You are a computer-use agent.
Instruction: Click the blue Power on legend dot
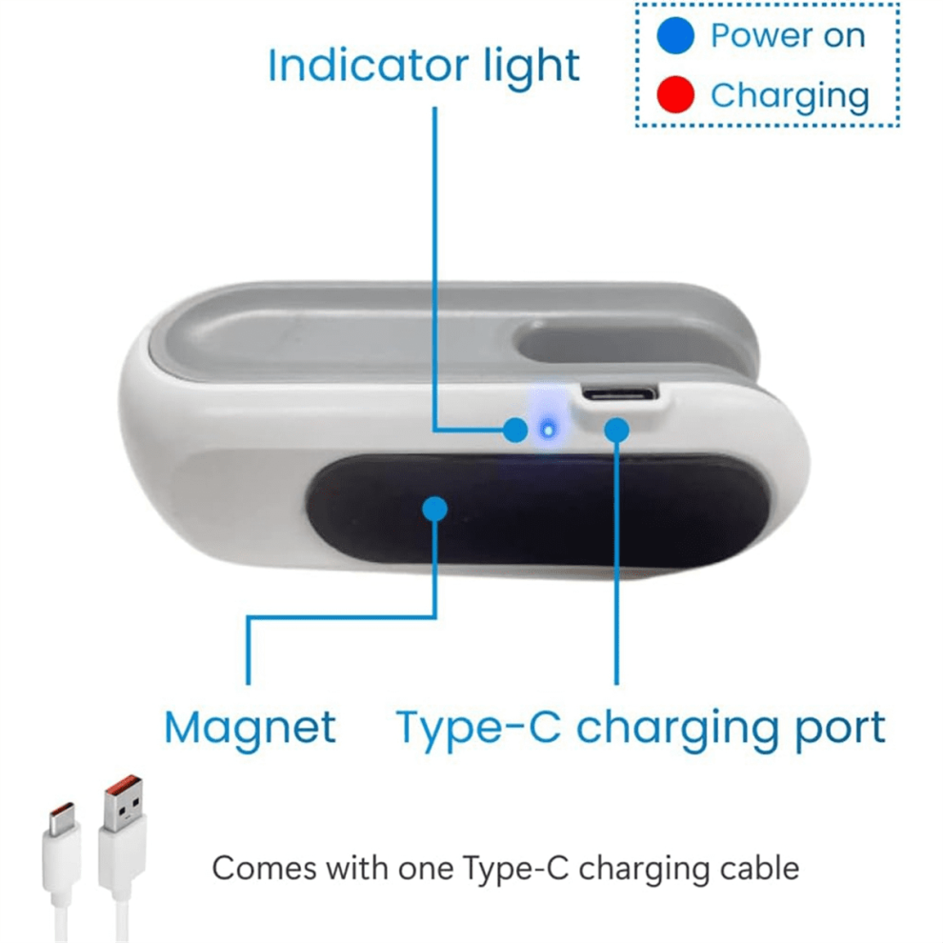[x=675, y=35]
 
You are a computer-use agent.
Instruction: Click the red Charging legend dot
[x=675, y=94]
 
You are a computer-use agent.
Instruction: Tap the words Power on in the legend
[x=788, y=35]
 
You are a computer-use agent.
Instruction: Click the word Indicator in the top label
[x=368, y=65]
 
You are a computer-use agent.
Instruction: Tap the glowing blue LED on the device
[x=548, y=430]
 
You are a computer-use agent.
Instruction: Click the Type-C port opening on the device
[x=620, y=394]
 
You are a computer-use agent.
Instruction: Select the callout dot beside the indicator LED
[x=515, y=430]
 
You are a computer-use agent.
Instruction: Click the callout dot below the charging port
[x=616, y=430]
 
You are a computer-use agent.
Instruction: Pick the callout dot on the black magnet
[x=434, y=509]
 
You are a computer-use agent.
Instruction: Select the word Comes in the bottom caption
[x=265, y=870]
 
